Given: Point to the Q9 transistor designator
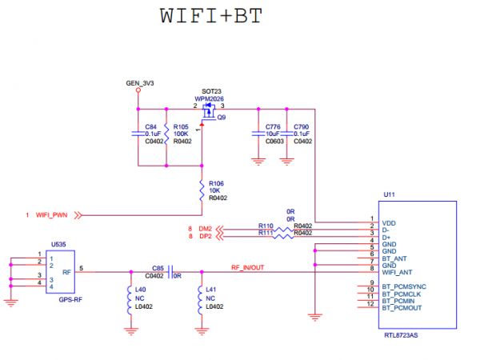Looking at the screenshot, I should point(222,116).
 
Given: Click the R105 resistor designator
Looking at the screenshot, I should point(182,126).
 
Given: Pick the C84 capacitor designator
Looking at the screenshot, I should point(151,126).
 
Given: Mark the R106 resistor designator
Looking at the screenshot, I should point(217,183).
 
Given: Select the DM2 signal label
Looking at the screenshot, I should point(206,229).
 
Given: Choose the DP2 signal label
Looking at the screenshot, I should point(206,237).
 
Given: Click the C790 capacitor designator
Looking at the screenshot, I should point(301,126).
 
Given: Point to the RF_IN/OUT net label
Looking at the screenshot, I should point(249,267).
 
